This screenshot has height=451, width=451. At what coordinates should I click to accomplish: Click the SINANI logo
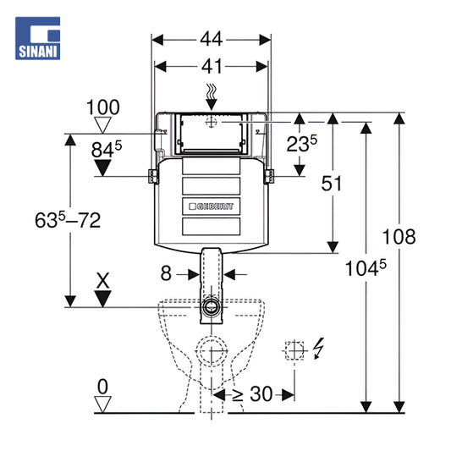pyautogui.click(x=38, y=38)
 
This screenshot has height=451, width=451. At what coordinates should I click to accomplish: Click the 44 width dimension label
pyautogui.click(x=212, y=39)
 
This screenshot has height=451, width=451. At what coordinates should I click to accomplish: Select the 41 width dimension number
pyautogui.click(x=212, y=67)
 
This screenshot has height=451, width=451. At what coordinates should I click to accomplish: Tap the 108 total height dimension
pyautogui.click(x=399, y=236)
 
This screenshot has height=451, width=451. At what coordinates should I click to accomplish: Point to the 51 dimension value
pyautogui.click(x=332, y=184)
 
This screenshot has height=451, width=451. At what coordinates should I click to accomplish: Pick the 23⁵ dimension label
pyautogui.click(x=302, y=143)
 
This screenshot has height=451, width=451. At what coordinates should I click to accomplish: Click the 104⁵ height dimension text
pyautogui.click(x=366, y=268)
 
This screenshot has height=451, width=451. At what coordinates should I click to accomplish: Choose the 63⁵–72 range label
pyautogui.click(x=68, y=220)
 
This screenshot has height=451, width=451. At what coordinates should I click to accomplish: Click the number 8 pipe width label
pyautogui.click(x=166, y=273)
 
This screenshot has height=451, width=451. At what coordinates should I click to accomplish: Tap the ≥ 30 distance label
pyautogui.click(x=252, y=393)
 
